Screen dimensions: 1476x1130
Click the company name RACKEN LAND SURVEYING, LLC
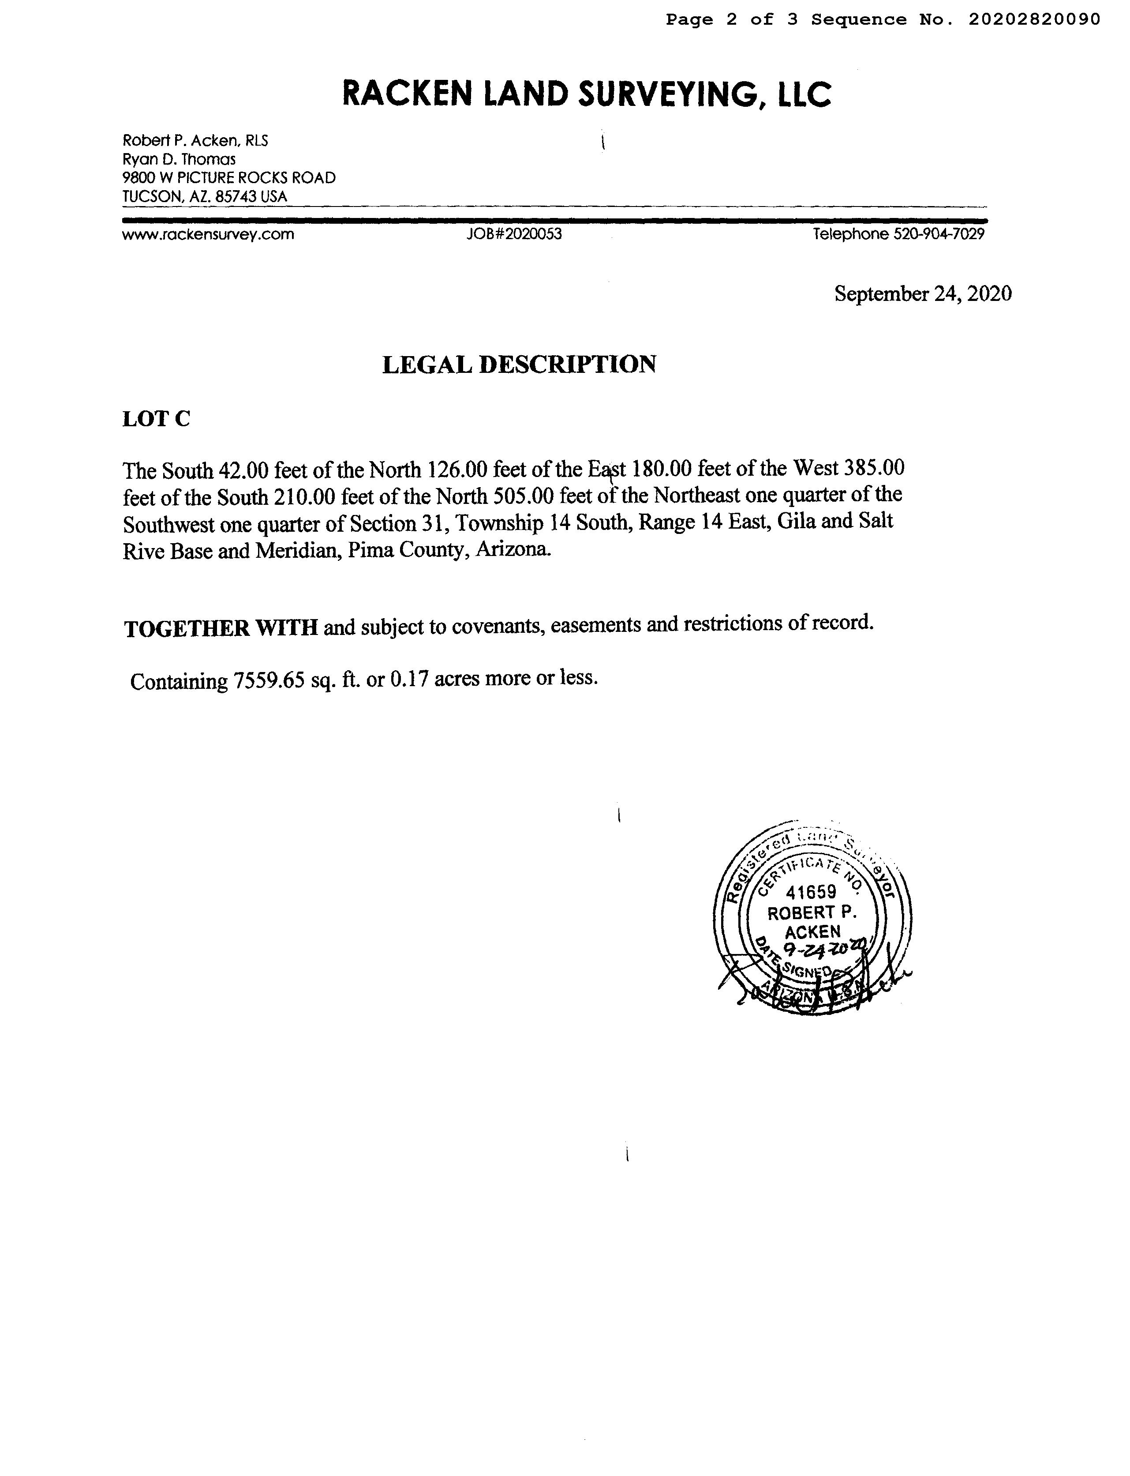pyautogui.click(x=587, y=94)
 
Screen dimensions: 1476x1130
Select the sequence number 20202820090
pyautogui.click(x=1034, y=19)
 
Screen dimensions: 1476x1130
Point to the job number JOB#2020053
pyautogui.click(x=515, y=235)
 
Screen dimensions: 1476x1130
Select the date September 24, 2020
pyautogui.click(x=923, y=293)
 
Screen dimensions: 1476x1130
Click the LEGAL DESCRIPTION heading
pyautogui.click(x=519, y=364)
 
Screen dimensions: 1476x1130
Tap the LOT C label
pyautogui.click(x=156, y=419)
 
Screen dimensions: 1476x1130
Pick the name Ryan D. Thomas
pyautogui.click(x=179, y=159)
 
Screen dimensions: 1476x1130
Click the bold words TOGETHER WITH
pyautogui.click(x=221, y=627)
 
